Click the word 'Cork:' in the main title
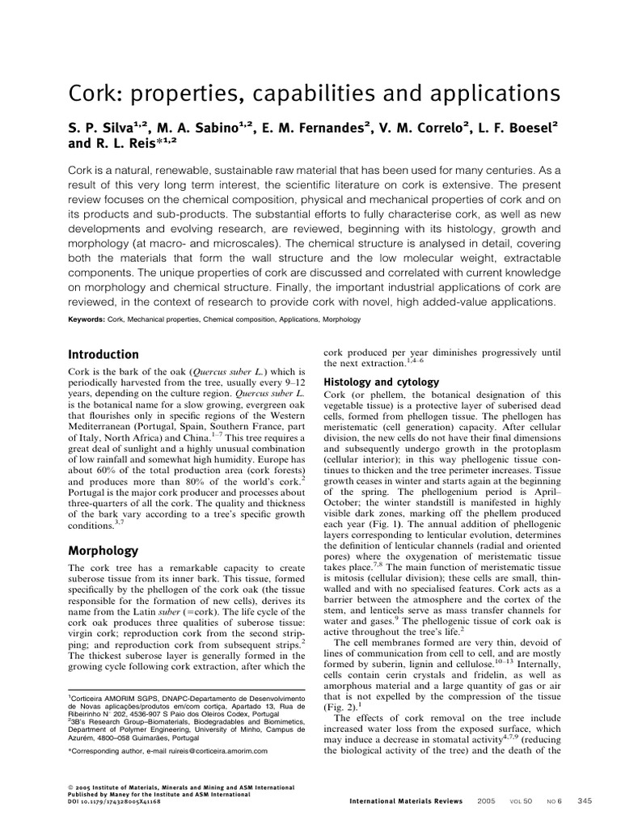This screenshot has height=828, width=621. [x=92, y=93]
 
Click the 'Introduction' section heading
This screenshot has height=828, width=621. [x=103, y=355]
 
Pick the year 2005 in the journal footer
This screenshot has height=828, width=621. [x=487, y=801]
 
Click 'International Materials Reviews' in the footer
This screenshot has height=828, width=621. [x=406, y=801]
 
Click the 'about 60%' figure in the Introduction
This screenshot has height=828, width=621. [x=88, y=471]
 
